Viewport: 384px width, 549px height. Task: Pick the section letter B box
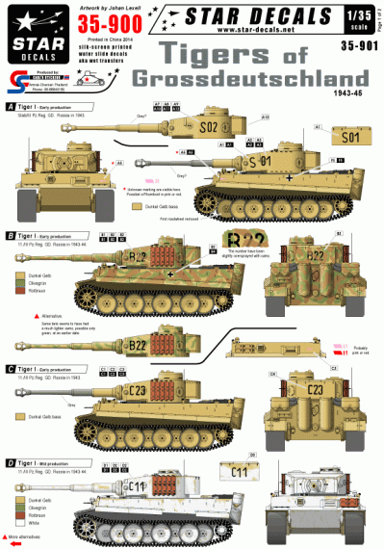pos(10,235)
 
